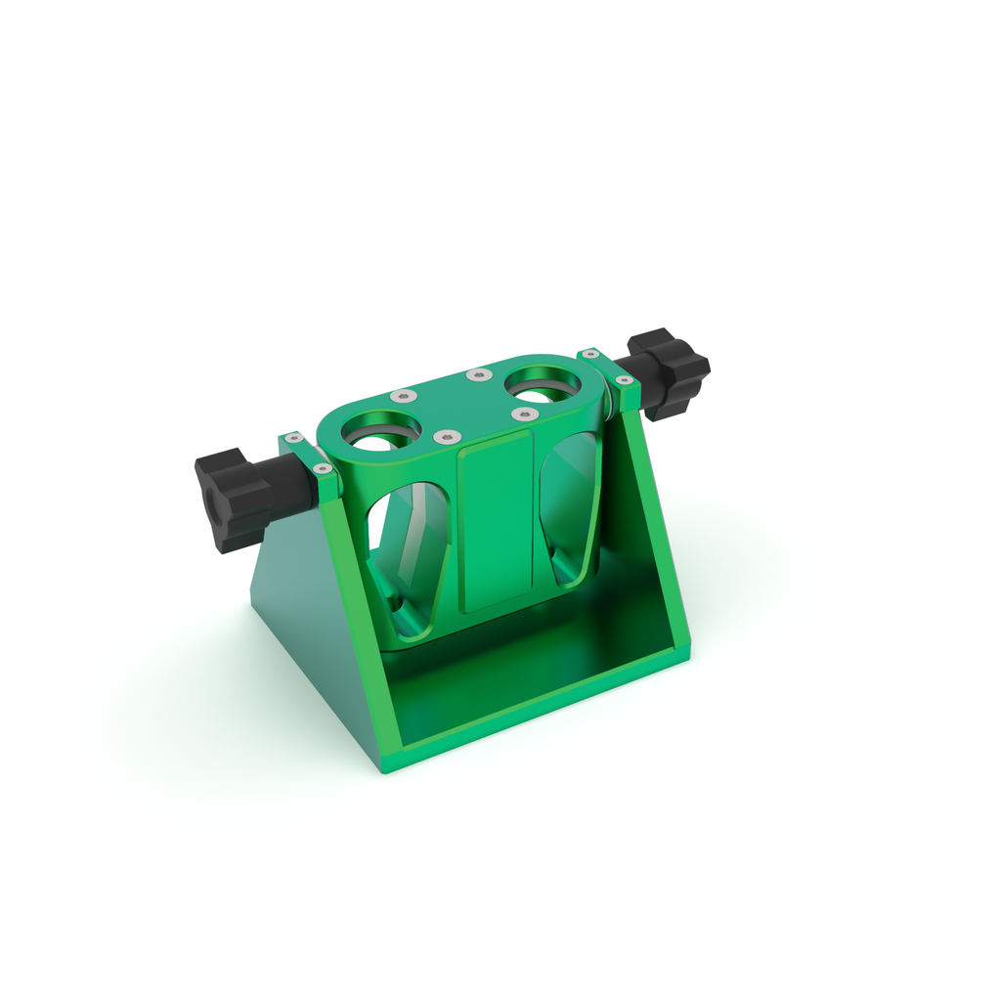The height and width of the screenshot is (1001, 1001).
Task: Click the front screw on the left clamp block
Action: (x=321, y=469)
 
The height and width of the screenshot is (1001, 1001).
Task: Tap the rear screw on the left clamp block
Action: (x=293, y=438)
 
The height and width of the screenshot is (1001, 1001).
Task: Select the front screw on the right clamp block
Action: (x=623, y=379)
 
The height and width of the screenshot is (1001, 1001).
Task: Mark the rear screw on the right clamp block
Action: (x=590, y=353)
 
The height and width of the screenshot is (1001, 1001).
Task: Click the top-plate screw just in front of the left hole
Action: (x=445, y=437)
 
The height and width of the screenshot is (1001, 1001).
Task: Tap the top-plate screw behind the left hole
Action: (x=403, y=396)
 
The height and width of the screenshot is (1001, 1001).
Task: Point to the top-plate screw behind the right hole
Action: (x=476, y=374)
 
